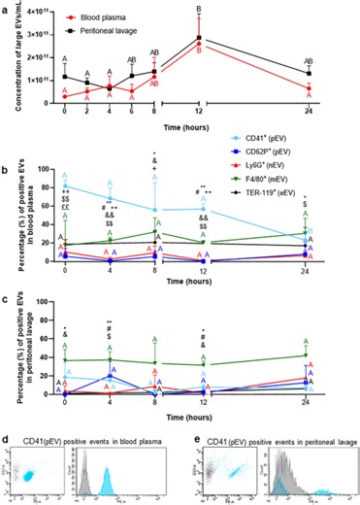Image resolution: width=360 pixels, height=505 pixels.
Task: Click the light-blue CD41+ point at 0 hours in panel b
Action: (x=65, y=185)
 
